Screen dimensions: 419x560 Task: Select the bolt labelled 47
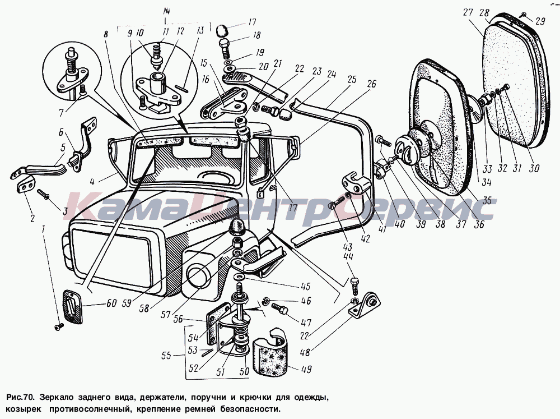279,308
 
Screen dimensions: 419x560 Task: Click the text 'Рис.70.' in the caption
22,398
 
